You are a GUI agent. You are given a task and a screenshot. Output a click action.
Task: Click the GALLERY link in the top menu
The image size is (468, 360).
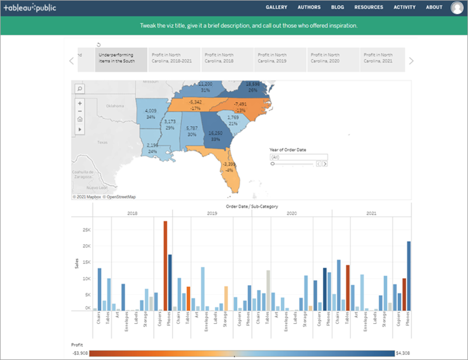click(276, 8)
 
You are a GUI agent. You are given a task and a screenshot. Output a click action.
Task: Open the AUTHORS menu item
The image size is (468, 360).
click(309, 8)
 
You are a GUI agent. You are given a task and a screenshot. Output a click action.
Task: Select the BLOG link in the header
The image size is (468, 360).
click(337, 8)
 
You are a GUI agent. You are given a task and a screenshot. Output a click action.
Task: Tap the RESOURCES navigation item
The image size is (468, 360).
click(369, 8)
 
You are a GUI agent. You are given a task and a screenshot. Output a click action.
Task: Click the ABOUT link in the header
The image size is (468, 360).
click(434, 8)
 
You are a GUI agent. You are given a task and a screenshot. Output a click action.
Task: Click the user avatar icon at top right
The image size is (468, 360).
click(457, 8)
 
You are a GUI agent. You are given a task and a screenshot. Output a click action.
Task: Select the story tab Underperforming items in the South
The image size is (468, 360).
click(121, 60)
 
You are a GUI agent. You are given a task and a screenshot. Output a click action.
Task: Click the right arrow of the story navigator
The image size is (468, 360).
click(411, 61)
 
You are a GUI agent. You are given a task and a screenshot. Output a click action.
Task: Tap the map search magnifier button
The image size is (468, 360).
click(80, 88)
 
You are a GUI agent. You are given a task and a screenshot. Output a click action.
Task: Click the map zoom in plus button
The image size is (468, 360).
click(80, 103)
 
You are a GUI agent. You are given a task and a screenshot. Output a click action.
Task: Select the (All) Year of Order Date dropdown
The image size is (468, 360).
click(298, 157)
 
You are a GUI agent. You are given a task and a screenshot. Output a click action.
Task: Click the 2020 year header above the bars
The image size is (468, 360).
click(292, 214)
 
